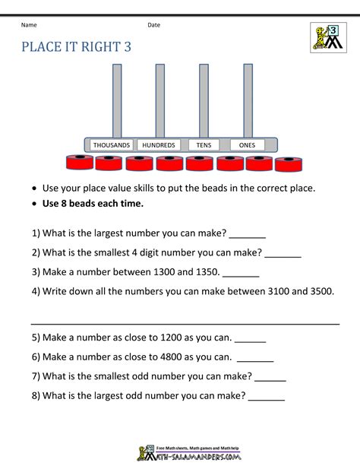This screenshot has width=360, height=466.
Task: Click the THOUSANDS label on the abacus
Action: coord(111,144)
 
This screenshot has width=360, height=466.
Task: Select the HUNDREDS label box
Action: coord(158,144)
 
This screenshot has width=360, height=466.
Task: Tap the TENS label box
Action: coord(203,144)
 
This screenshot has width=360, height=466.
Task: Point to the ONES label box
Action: coord(246,144)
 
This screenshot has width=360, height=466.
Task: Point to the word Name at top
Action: coord(30,25)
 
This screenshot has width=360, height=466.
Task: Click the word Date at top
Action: coord(153,25)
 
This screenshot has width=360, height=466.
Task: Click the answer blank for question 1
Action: coord(247,235)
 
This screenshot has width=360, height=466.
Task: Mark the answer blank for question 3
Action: coord(242,273)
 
